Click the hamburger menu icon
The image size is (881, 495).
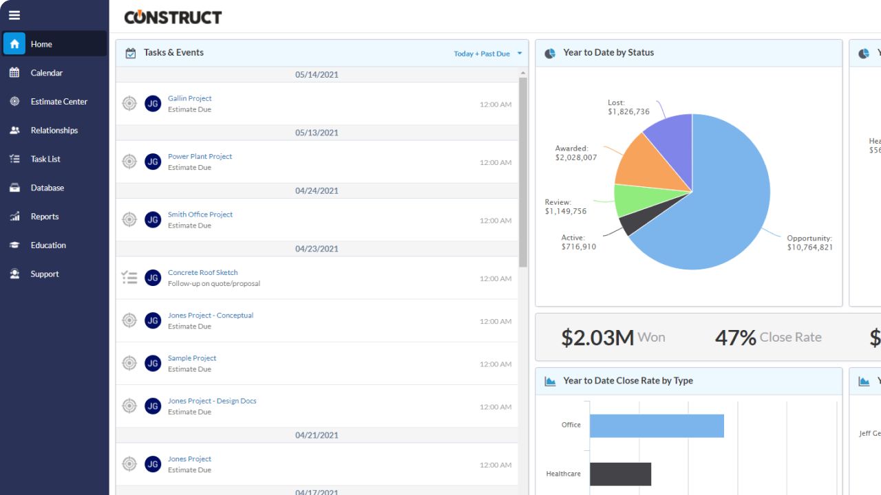[14, 15]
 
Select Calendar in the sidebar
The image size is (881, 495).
[46, 73]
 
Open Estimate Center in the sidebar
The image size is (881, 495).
[59, 102]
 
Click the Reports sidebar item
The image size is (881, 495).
[44, 217]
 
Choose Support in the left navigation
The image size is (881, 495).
[44, 274]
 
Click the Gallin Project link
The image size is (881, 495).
[189, 98]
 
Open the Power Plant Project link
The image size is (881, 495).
[200, 157]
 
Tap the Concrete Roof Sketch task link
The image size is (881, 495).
[202, 273]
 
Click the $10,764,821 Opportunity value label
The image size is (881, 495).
[809, 247]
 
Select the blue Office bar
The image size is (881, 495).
[656, 426]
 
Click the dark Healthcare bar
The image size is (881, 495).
[619, 474]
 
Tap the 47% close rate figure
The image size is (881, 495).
[735, 338]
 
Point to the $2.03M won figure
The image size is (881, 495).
[597, 338]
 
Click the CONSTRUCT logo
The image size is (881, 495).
[173, 17]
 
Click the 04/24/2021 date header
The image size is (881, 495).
[317, 191]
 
